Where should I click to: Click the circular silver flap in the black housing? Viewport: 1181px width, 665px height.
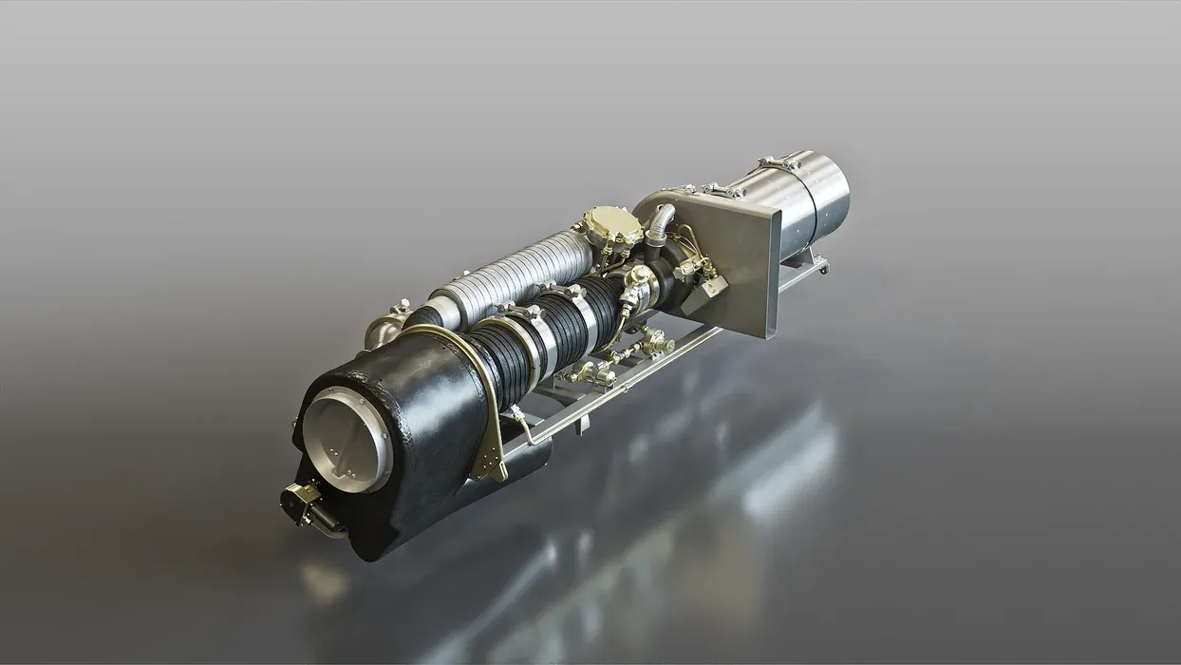(x=347, y=440)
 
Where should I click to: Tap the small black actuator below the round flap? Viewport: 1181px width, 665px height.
(x=304, y=503)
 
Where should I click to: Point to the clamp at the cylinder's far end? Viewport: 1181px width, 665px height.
(x=779, y=163)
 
